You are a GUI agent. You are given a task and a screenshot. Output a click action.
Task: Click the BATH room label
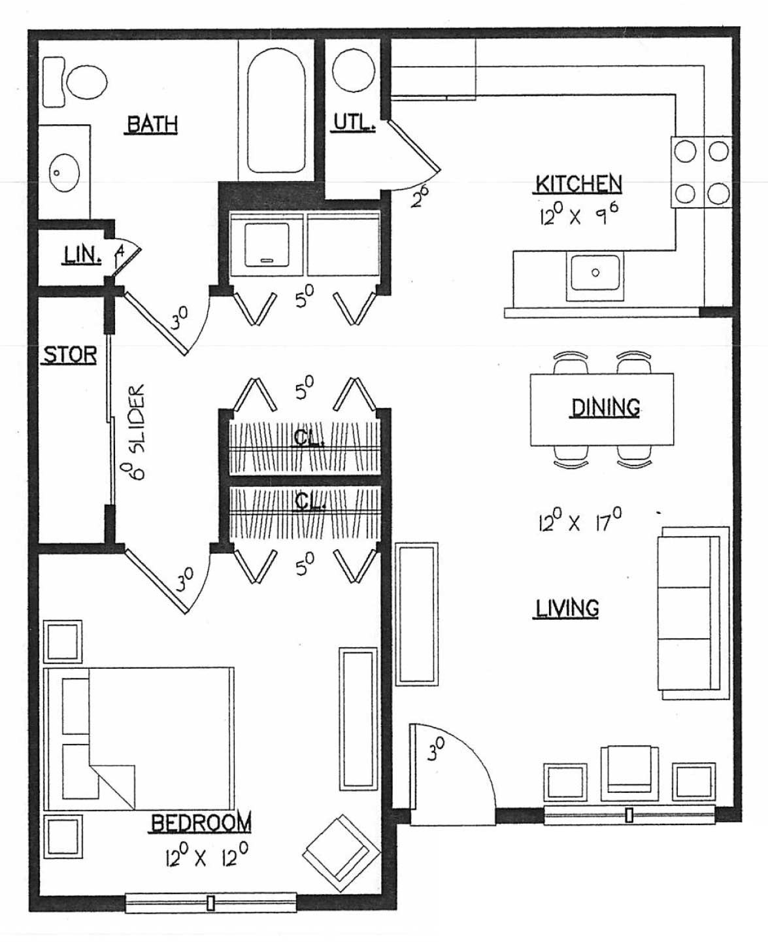click(152, 124)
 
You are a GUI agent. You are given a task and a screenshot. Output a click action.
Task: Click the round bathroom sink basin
click(63, 173)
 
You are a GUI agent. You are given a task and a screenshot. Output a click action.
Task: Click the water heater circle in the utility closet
click(354, 70)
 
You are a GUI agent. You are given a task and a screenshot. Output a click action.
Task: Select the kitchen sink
click(595, 275)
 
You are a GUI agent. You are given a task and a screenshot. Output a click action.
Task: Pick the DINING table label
click(605, 408)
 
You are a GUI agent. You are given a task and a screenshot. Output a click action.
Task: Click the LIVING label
click(567, 608)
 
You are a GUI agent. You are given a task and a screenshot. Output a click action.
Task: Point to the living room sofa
click(693, 613)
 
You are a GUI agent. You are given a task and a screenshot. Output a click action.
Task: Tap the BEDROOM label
click(201, 823)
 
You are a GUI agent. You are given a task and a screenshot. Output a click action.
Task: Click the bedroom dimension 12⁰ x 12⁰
click(207, 855)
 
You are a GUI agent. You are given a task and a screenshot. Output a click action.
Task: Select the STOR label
click(70, 355)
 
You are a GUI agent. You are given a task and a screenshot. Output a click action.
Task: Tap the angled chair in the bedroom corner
click(341, 853)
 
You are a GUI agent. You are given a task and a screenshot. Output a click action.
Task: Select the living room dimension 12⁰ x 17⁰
click(580, 520)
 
